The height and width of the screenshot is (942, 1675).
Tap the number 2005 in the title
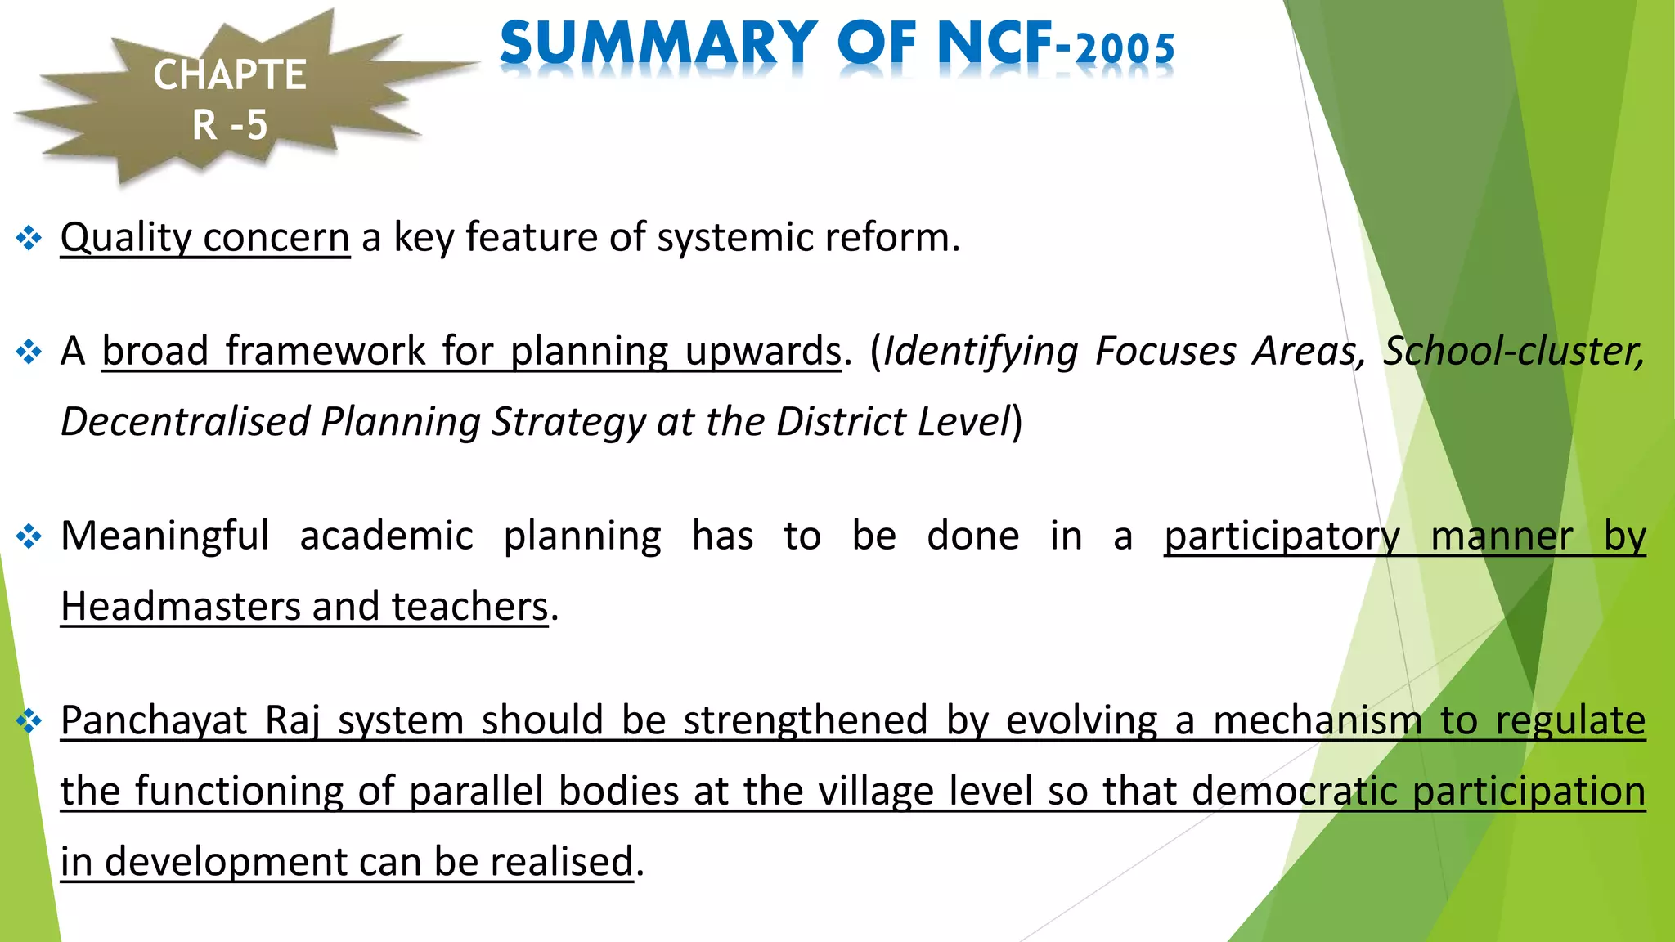click(1126, 49)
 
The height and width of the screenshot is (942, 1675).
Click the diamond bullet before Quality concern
click(29, 239)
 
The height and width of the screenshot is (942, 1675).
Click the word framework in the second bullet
click(325, 352)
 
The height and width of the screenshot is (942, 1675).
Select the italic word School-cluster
click(1513, 352)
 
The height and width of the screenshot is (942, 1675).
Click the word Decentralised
click(185, 422)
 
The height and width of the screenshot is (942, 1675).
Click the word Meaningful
click(164, 536)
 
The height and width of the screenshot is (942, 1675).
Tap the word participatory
click(1282, 536)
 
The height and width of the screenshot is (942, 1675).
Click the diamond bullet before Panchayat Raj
click(29, 721)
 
